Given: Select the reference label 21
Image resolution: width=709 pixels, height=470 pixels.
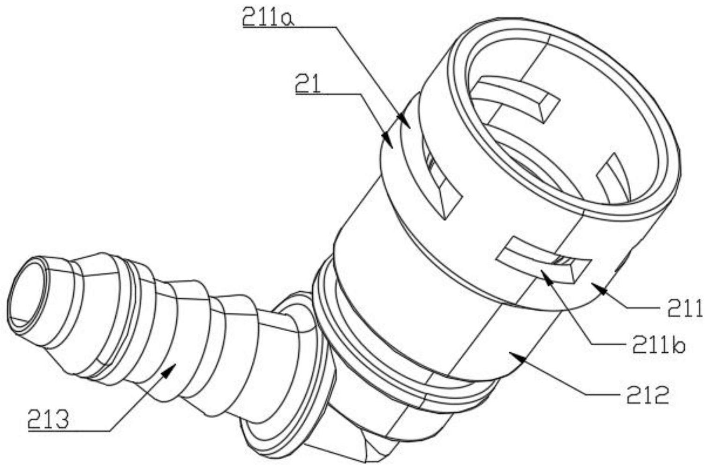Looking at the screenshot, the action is coord(308,85).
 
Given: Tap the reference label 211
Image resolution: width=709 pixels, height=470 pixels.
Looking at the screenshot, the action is coord(683,310).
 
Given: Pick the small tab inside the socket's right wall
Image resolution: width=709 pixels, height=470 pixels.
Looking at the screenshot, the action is coord(614,178).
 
